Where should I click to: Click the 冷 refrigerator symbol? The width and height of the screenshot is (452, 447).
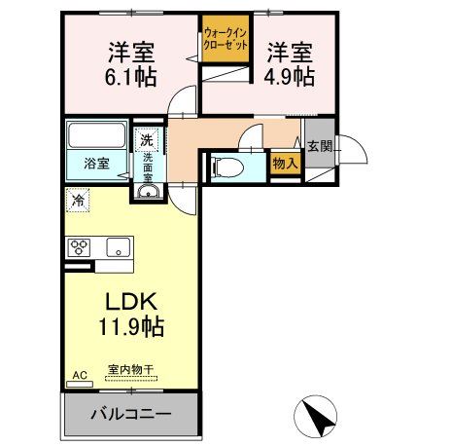(x=77, y=201)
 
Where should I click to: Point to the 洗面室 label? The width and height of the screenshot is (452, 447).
(x=150, y=168)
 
